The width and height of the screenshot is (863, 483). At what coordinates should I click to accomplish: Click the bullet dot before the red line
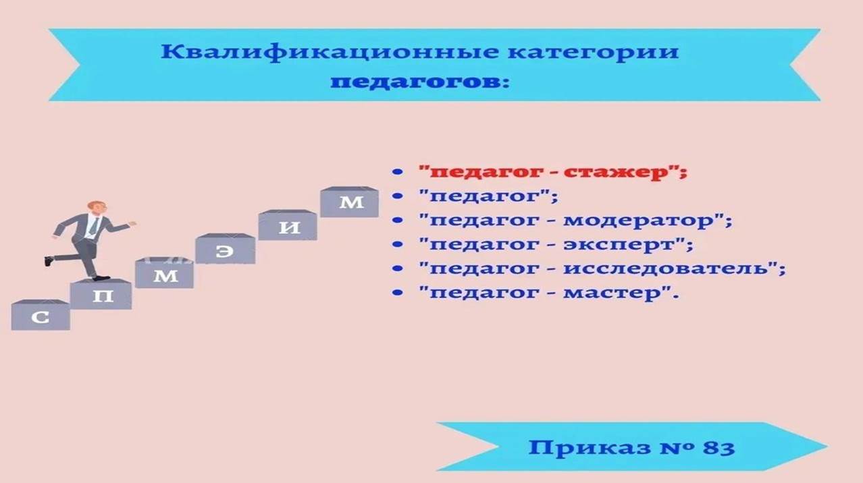pyautogui.click(x=397, y=171)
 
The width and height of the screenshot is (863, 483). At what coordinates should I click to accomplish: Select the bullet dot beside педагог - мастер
pyautogui.click(x=397, y=293)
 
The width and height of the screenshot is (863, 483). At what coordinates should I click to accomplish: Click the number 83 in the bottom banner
pyautogui.click(x=718, y=448)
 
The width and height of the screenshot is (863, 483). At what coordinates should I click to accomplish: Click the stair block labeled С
pyautogui.click(x=41, y=315)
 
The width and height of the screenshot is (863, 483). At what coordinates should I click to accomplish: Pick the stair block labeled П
pyautogui.click(x=101, y=294)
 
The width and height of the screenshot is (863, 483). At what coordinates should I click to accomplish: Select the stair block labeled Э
pyautogui.click(x=226, y=249)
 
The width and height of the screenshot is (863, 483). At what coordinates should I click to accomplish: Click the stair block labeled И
pyautogui.click(x=288, y=225)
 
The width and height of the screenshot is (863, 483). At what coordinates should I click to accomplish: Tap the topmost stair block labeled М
pyautogui.click(x=349, y=202)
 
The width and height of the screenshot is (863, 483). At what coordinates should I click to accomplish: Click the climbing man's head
pyautogui.click(x=97, y=208)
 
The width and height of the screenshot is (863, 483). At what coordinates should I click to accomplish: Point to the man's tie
pyautogui.click(x=94, y=226)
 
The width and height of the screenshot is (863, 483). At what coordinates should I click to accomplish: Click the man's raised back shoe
pyautogui.click(x=49, y=261)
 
